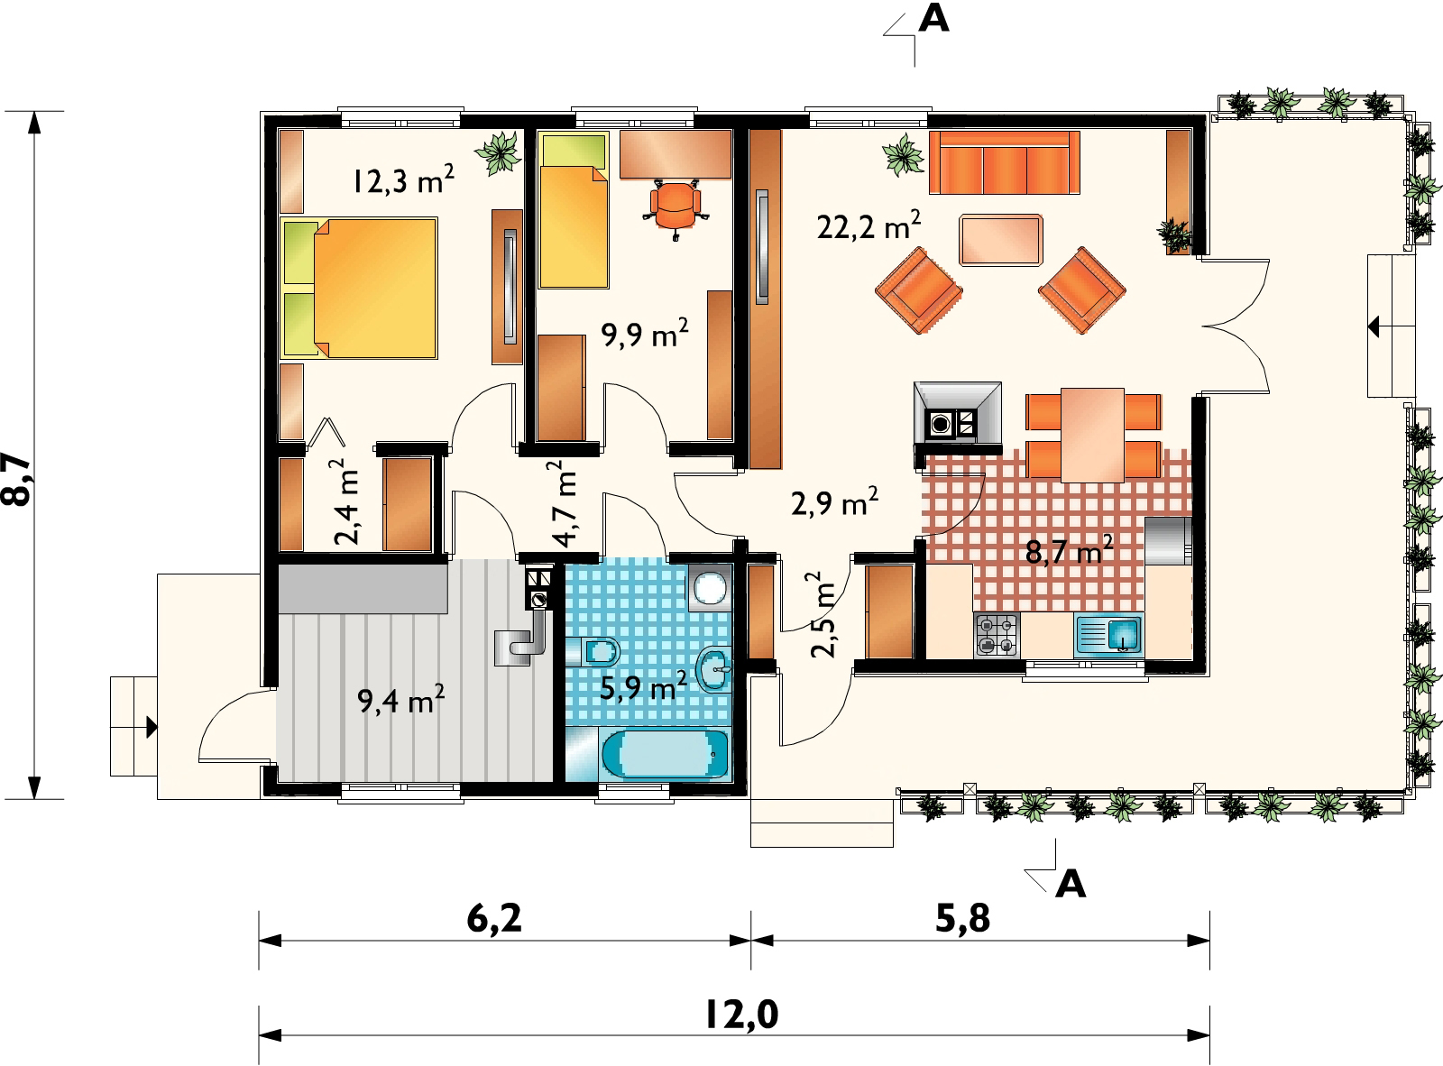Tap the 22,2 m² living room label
pos(869,225)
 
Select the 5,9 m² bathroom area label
pos(643,687)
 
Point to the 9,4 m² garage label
pos(400,700)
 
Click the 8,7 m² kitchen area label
pos(1069,551)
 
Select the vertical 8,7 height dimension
pos(17,480)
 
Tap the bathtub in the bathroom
pos(665,754)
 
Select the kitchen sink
pos(1108,634)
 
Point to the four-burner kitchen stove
pos(996,635)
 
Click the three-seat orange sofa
pos(1005,162)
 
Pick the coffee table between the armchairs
pos(1000,240)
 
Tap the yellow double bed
pos(359,289)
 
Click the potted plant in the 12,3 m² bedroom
pos(499,153)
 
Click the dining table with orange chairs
pos(1093,436)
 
